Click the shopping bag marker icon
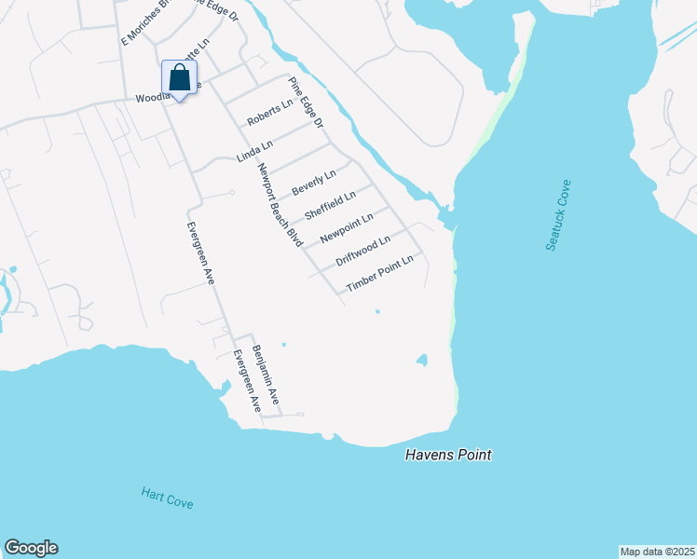click(180, 77)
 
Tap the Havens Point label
click(448, 455)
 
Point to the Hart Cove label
click(167, 498)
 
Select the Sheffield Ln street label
click(330, 206)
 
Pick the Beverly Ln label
click(313, 183)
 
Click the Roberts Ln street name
click(269, 115)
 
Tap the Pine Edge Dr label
click(305, 102)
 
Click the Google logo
click(31, 548)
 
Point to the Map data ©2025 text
click(656, 551)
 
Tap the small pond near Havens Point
click(422, 360)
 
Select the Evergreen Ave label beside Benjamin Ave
click(245, 380)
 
